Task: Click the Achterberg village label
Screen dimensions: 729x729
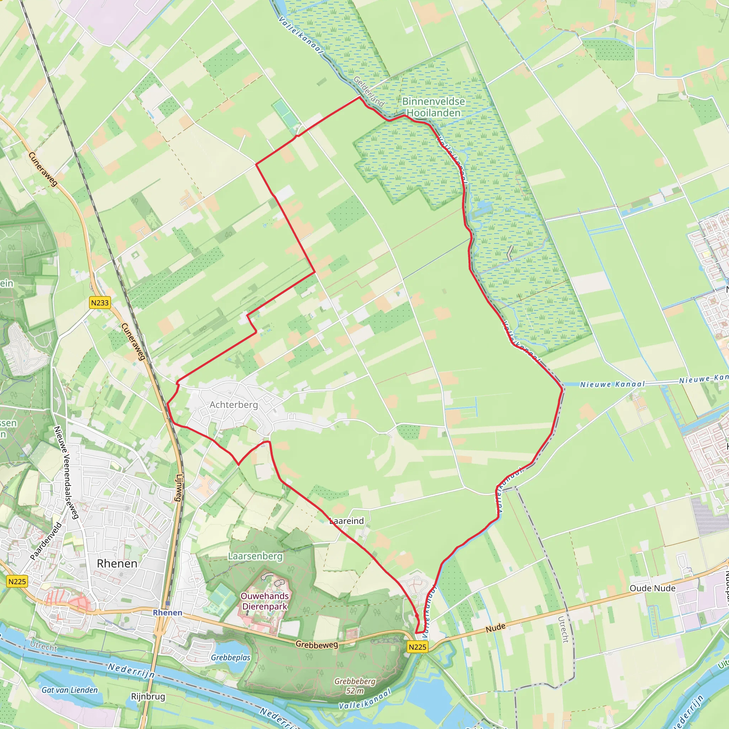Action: (234, 405)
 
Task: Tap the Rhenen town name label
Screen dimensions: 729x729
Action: (117, 563)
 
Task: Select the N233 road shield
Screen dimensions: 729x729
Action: (100, 303)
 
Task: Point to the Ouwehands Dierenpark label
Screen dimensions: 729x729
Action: (265, 601)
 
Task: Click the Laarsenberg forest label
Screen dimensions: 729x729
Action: (255, 556)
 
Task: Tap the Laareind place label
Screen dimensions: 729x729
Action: (347, 521)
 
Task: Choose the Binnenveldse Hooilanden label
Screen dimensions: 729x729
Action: (434, 107)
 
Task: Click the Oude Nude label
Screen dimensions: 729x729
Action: (652, 588)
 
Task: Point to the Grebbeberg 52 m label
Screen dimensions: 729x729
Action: (355, 686)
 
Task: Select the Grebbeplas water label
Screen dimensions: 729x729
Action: (231, 658)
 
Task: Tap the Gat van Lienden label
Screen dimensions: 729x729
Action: (70, 690)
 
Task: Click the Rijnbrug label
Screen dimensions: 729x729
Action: (148, 696)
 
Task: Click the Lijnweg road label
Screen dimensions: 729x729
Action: (179, 488)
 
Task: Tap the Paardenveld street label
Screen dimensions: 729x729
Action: (46, 541)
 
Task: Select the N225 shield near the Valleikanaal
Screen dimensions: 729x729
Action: (417, 647)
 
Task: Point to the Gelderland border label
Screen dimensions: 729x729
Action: (369, 91)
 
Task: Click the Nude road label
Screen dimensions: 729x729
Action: (495, 628)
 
